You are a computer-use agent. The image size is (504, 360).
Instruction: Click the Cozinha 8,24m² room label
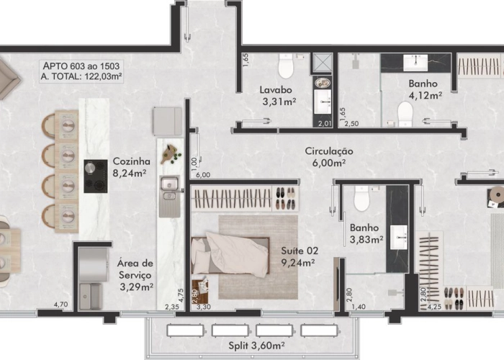tap(131, 167)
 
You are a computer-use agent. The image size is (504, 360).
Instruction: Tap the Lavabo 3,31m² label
tap(277, 96)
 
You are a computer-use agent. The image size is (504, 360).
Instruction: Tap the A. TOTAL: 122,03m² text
tap(81, 76)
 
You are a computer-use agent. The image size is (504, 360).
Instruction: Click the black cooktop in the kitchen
tap(96, 176)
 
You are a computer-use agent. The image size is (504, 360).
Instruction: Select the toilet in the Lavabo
tap(287, 67)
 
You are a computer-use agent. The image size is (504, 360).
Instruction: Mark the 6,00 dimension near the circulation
tap(202, 175)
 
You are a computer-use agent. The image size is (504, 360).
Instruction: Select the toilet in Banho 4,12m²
tap(405, 113)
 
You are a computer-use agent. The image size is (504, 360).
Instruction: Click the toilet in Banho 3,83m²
tap(361, 199)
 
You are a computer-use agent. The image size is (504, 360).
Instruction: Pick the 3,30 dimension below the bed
tap(204, 307)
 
